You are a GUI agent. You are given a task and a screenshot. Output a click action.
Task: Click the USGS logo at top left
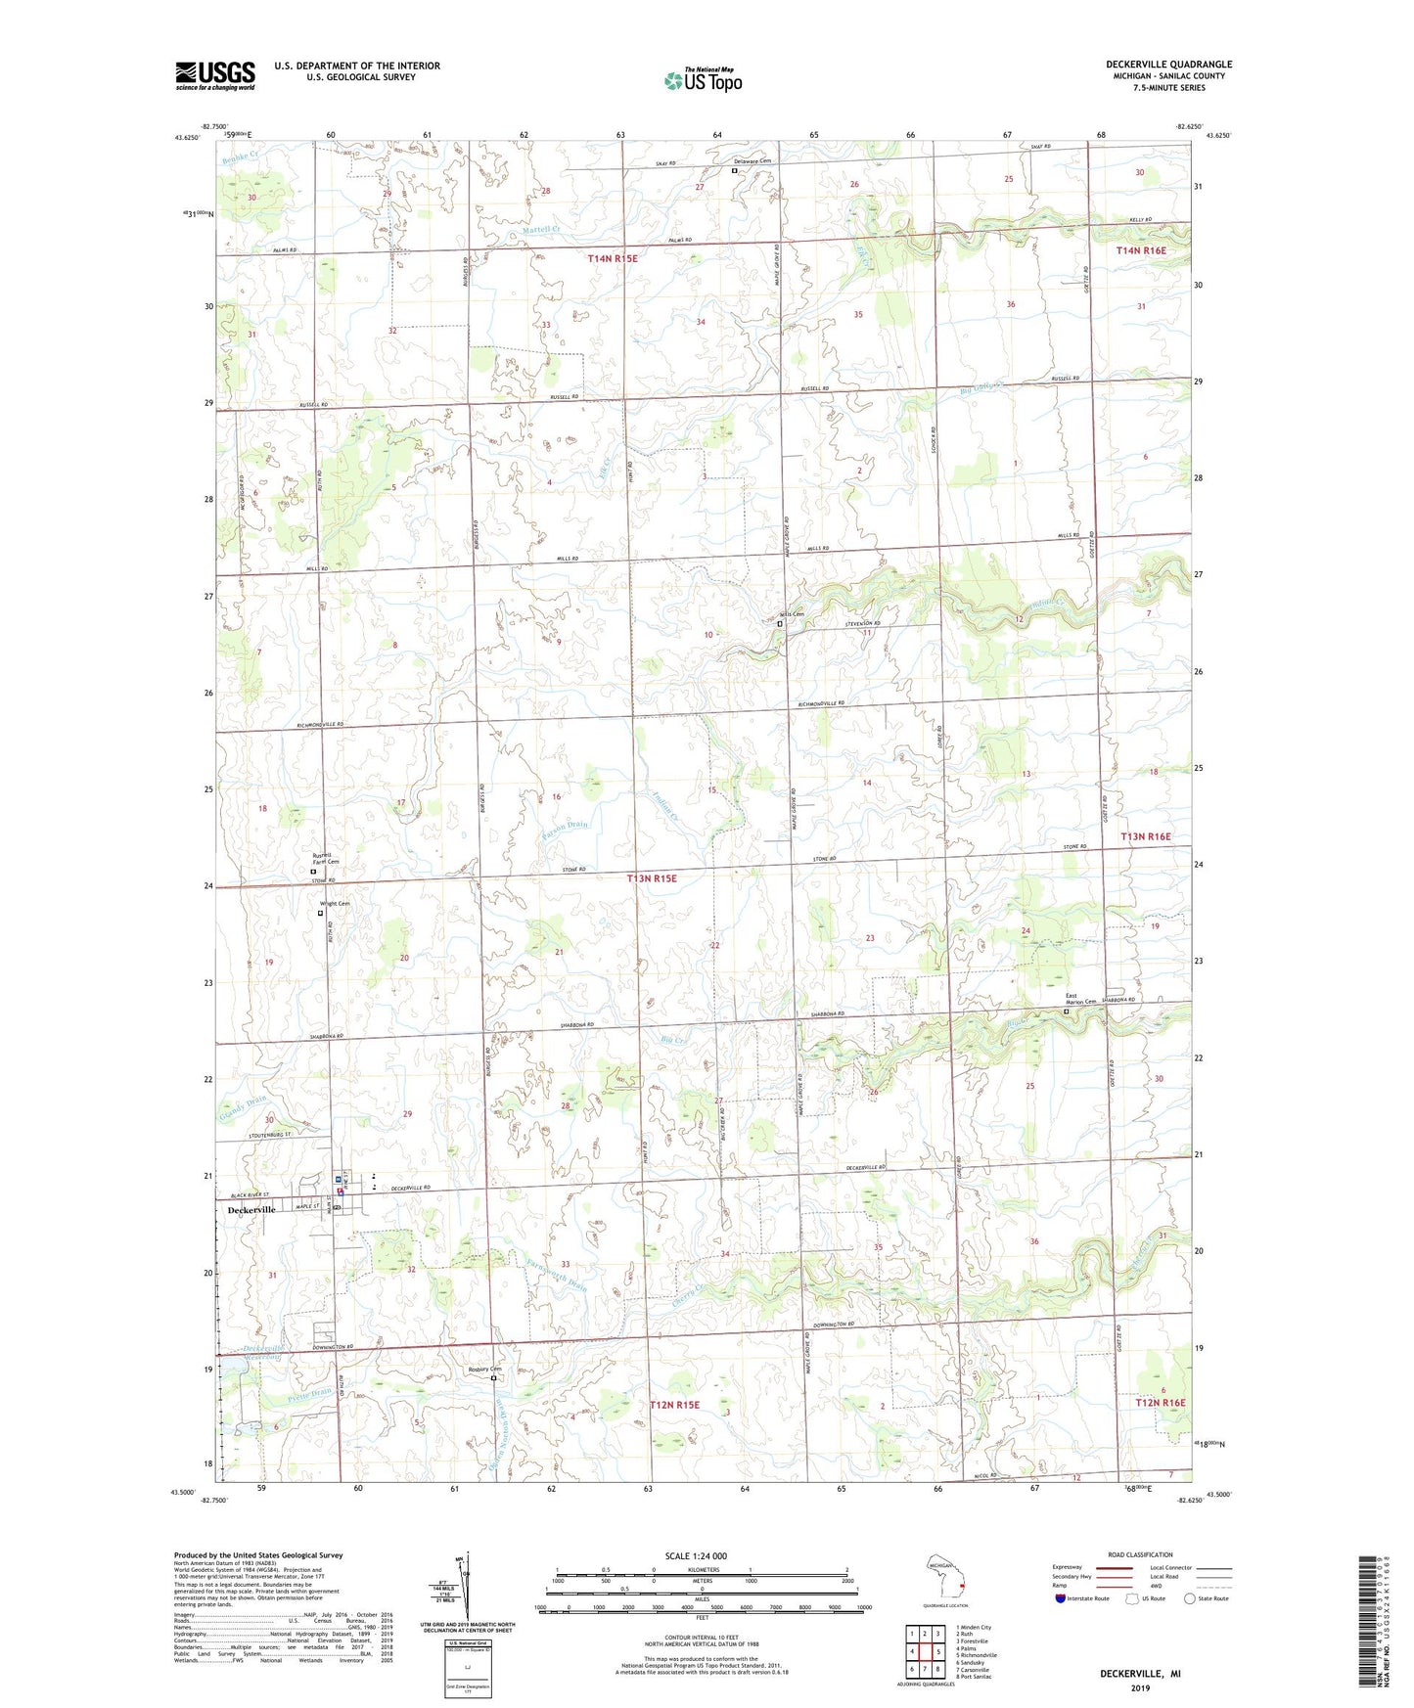point(215,75)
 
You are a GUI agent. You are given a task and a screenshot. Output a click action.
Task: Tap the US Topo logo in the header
point(704,80)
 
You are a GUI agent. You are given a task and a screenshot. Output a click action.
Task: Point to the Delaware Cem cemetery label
point(753,160)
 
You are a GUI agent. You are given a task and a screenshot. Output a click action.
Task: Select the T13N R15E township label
point(652,878)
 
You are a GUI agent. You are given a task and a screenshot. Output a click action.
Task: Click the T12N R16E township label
point(1160,1403)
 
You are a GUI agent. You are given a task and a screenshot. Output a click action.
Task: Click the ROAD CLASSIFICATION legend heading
point(1141,1554)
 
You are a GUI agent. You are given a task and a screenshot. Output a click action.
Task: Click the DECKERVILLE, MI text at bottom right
point(1140,1674)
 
